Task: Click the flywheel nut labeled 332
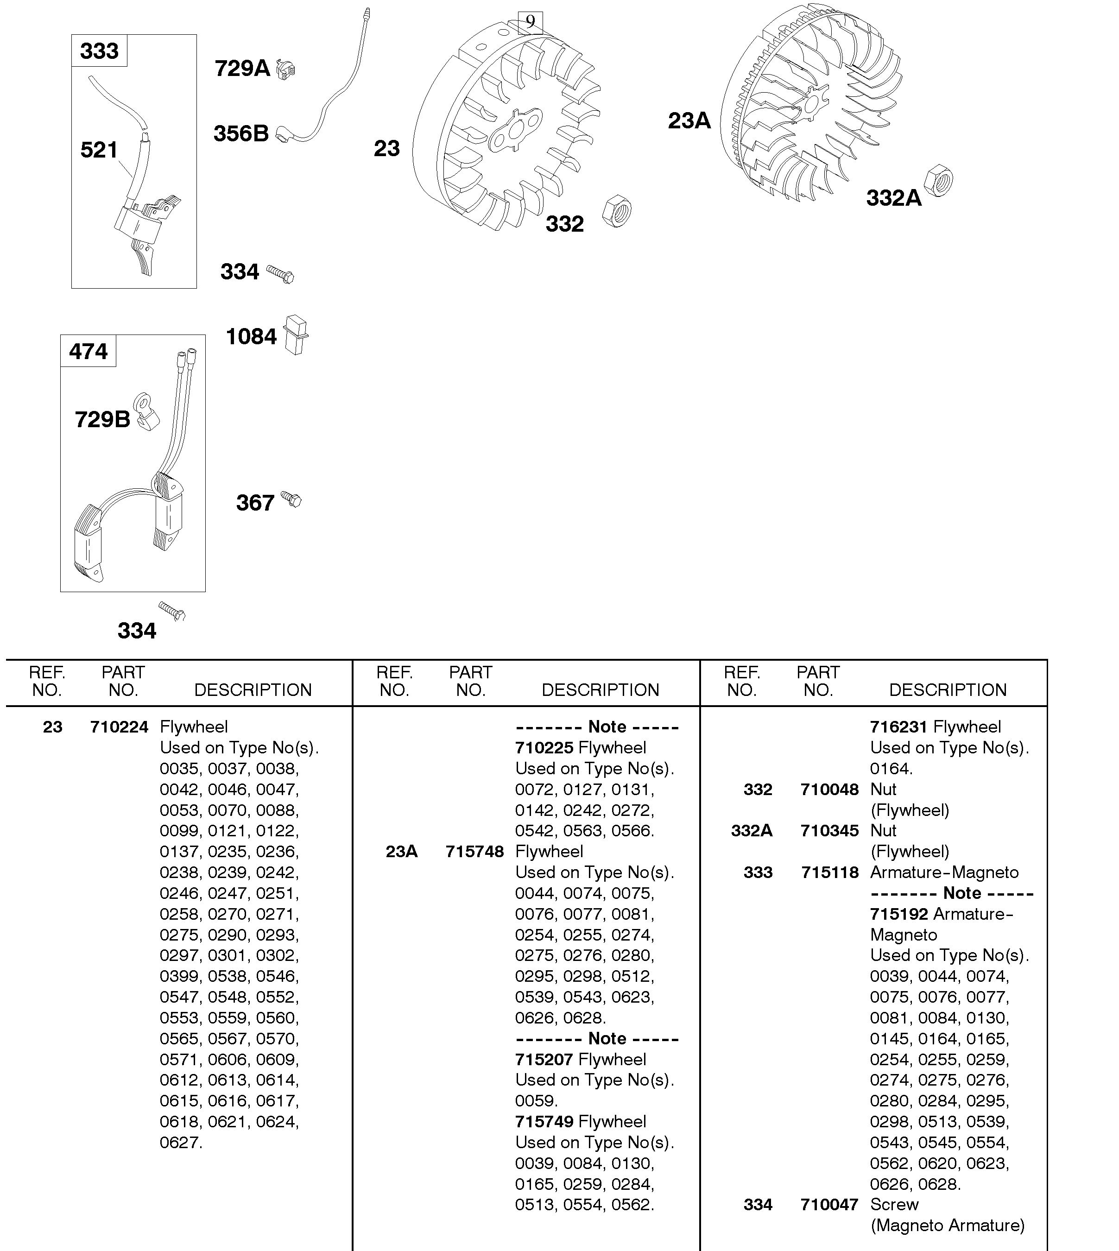(617, 211)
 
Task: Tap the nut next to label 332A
(938, 181)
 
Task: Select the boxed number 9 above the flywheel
(530, 22)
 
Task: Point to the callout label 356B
(241, 133)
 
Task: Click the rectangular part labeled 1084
(296, 335)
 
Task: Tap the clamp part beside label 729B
(147, 411)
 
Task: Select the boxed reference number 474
(88, 351)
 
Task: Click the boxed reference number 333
(99, 51)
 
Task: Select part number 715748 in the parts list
(474, 852)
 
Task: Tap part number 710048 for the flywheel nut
(829, 790)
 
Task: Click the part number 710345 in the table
(829, 830)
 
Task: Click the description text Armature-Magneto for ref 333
(944, 872)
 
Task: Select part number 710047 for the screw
(829, 1204)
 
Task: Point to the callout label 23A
(689, 120)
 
